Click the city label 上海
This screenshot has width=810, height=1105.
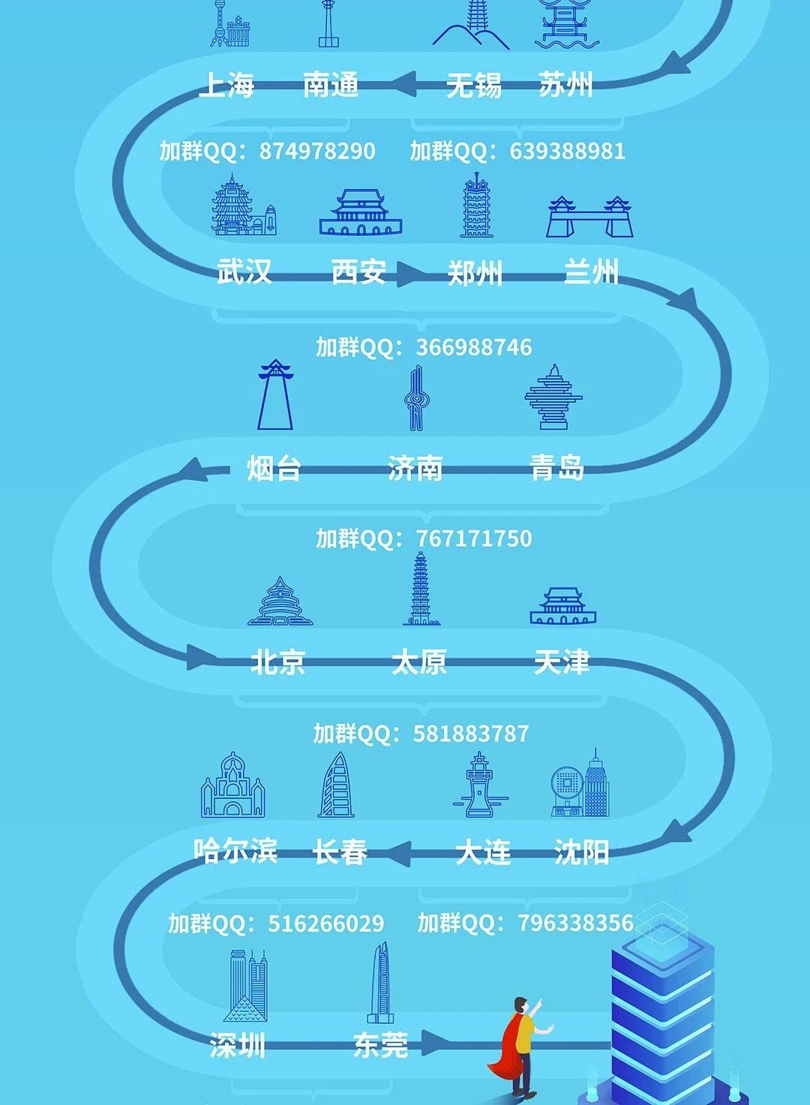226,85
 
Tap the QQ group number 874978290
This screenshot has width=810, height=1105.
316,151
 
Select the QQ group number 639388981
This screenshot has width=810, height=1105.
567,151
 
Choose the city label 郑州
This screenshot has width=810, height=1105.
475,272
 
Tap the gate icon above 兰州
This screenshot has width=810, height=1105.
590,218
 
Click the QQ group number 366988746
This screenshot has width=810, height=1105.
474,347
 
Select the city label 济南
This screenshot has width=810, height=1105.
415,468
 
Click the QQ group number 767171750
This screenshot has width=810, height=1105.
474,539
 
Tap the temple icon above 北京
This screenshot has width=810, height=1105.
280,602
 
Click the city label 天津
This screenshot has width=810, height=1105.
562,662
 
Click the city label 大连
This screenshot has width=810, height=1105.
483,852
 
